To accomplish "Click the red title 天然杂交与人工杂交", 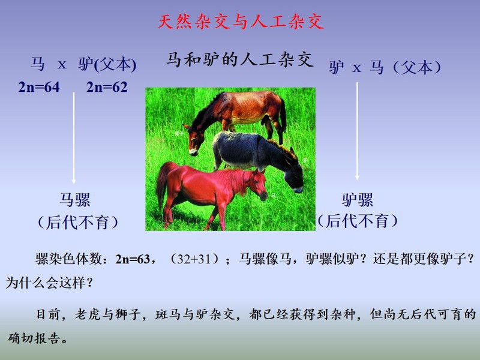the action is click(x=241, y=22).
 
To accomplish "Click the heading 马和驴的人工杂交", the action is click(x=239, y=59).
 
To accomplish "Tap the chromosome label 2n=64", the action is click(x=39, y=87).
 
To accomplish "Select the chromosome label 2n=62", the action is click(x=107, y=87).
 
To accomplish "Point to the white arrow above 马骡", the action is click(x=73, y=138).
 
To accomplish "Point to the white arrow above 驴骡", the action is click(x=357, y=131).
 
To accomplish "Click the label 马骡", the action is click(x=75, y=200).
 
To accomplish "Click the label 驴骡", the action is click(x=357, y=200).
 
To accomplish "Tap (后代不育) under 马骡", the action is click(x=78, y=222).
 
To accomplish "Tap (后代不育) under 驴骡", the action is click(x=357, y=221).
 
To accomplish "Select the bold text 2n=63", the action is click(x=133, y=259).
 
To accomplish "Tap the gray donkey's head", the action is click(x=293, y=174).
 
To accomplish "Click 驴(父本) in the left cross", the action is click(x=107, y=65).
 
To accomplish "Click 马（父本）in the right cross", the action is click(x=405, y=67).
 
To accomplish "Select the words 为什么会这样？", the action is click(x=49, y=282).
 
